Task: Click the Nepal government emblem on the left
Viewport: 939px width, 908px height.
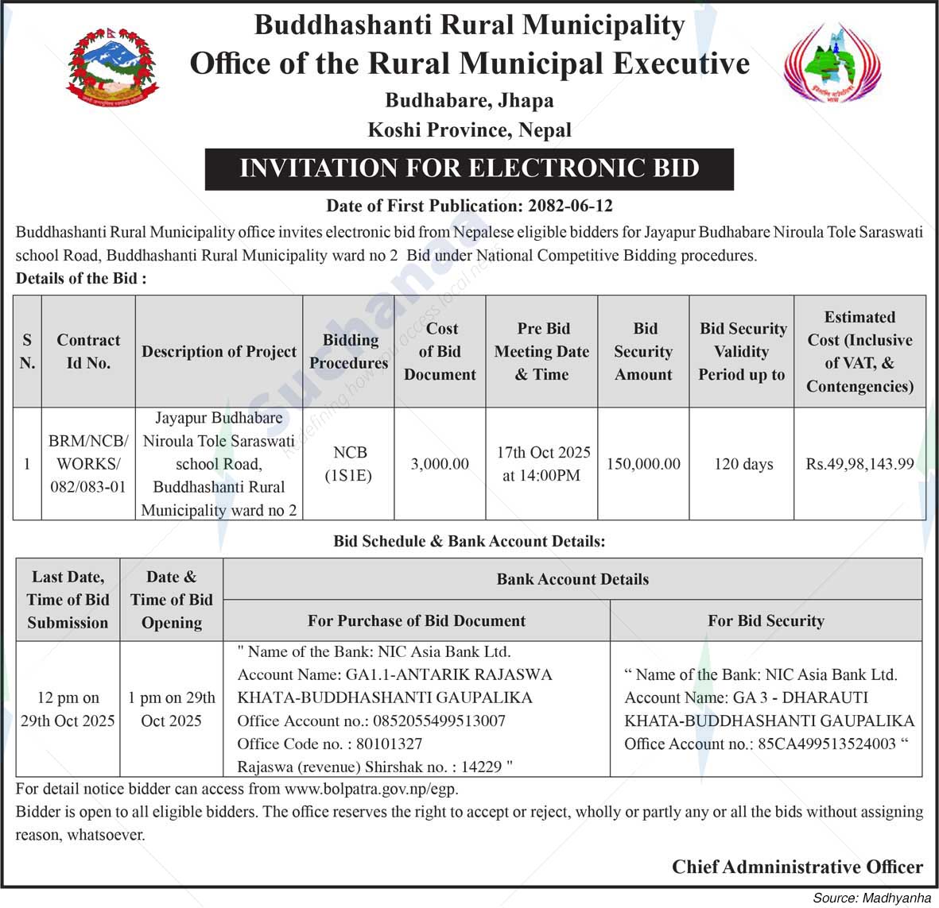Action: click(112, 68)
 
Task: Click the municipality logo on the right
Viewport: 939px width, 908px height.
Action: click(832, 65)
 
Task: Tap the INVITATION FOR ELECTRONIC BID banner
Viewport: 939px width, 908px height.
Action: click(469, 168)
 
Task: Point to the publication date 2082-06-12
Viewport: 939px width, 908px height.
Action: click(570, 206)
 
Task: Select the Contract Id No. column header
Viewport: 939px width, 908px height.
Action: click(88, 351)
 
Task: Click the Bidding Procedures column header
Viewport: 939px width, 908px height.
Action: click(349, 351)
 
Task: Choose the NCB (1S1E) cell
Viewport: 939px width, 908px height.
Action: click(350, 463)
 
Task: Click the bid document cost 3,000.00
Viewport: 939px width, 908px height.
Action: click(440, 464)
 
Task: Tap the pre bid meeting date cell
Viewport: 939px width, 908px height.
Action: click(543, 463)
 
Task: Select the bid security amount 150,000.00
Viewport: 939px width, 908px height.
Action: click(643, 464)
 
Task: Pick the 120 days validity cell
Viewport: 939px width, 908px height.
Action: click(743, 464)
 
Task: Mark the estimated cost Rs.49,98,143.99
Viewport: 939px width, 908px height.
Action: click(859, 464)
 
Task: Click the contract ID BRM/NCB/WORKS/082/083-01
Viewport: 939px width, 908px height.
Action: click(88, 463)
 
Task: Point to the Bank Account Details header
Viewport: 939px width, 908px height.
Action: click(572, 579)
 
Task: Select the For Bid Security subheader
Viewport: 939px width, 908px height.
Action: click(766, 620)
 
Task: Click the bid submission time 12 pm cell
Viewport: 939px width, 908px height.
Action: click(68, 709)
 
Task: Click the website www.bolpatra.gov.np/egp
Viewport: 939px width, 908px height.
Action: click(371, 789)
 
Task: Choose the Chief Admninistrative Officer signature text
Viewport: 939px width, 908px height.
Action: click(797, 867)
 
